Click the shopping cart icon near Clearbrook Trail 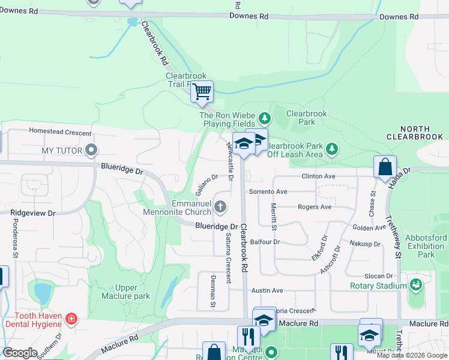(202, 92)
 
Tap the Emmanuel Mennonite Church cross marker (220, 208)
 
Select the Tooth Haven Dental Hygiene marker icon (71, 318)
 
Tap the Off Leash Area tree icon (331, 148)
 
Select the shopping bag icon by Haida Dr (385, 167)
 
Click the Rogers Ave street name (315, 207)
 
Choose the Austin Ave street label (267, 290)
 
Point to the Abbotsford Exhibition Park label (426, 246)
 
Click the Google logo (20, 353)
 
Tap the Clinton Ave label (318, 176)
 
